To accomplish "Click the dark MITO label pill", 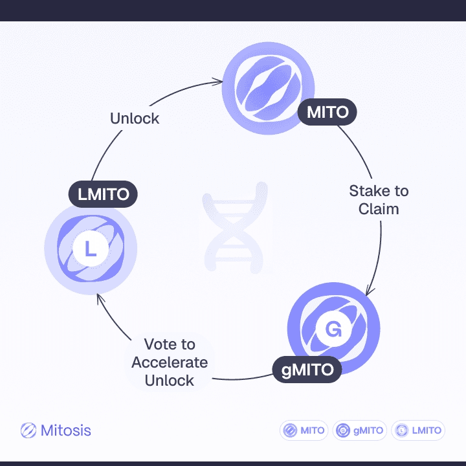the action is (x=327, y=112).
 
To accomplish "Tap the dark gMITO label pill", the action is (x=307, y=370).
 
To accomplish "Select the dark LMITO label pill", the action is (x=103, y=194).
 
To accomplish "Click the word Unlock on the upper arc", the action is (x=135, y=118).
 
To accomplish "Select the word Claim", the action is (x=379, y=209).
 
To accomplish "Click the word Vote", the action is (x=170, y=344).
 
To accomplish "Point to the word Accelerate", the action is (x=170, y=362).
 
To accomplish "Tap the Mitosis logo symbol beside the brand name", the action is (x=28, y=430).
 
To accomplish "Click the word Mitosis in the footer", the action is (x=65, y=430).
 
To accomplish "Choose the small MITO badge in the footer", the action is (x=304, y=430).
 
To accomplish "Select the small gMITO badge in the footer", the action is (x=359, y=430).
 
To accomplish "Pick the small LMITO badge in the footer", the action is (x=419, y=430).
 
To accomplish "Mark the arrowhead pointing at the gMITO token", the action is (x=369, y=291).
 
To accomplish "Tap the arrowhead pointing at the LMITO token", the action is (x=98, y=297).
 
